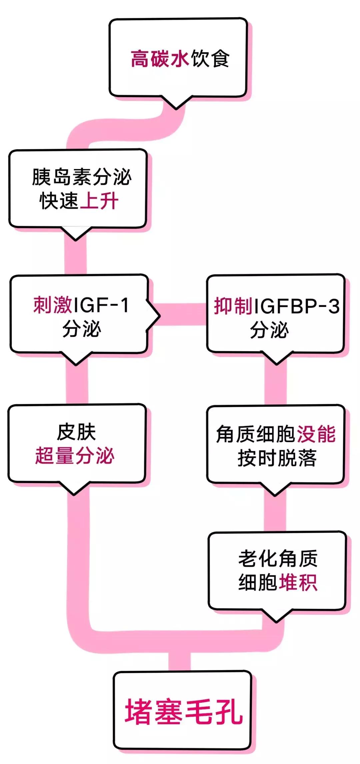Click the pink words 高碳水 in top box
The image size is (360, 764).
[160, 59]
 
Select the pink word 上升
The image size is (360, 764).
[99, 201]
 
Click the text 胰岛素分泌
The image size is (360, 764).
[82, 177]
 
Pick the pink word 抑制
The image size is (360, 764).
[233, 306]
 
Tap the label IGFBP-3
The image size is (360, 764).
[297, 306]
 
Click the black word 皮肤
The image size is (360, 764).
[76, 432]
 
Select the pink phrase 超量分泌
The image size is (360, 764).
[75, 456]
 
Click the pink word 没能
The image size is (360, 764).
[316, 434]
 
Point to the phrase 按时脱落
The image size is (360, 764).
[277, 458]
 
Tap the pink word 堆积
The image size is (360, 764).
[298, 583]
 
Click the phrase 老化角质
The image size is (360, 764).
[278, 559]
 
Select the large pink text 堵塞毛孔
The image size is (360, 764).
[184, 711]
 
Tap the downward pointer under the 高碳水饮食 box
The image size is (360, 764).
[176, 104]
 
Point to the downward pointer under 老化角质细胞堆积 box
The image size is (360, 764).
[276, 616]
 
